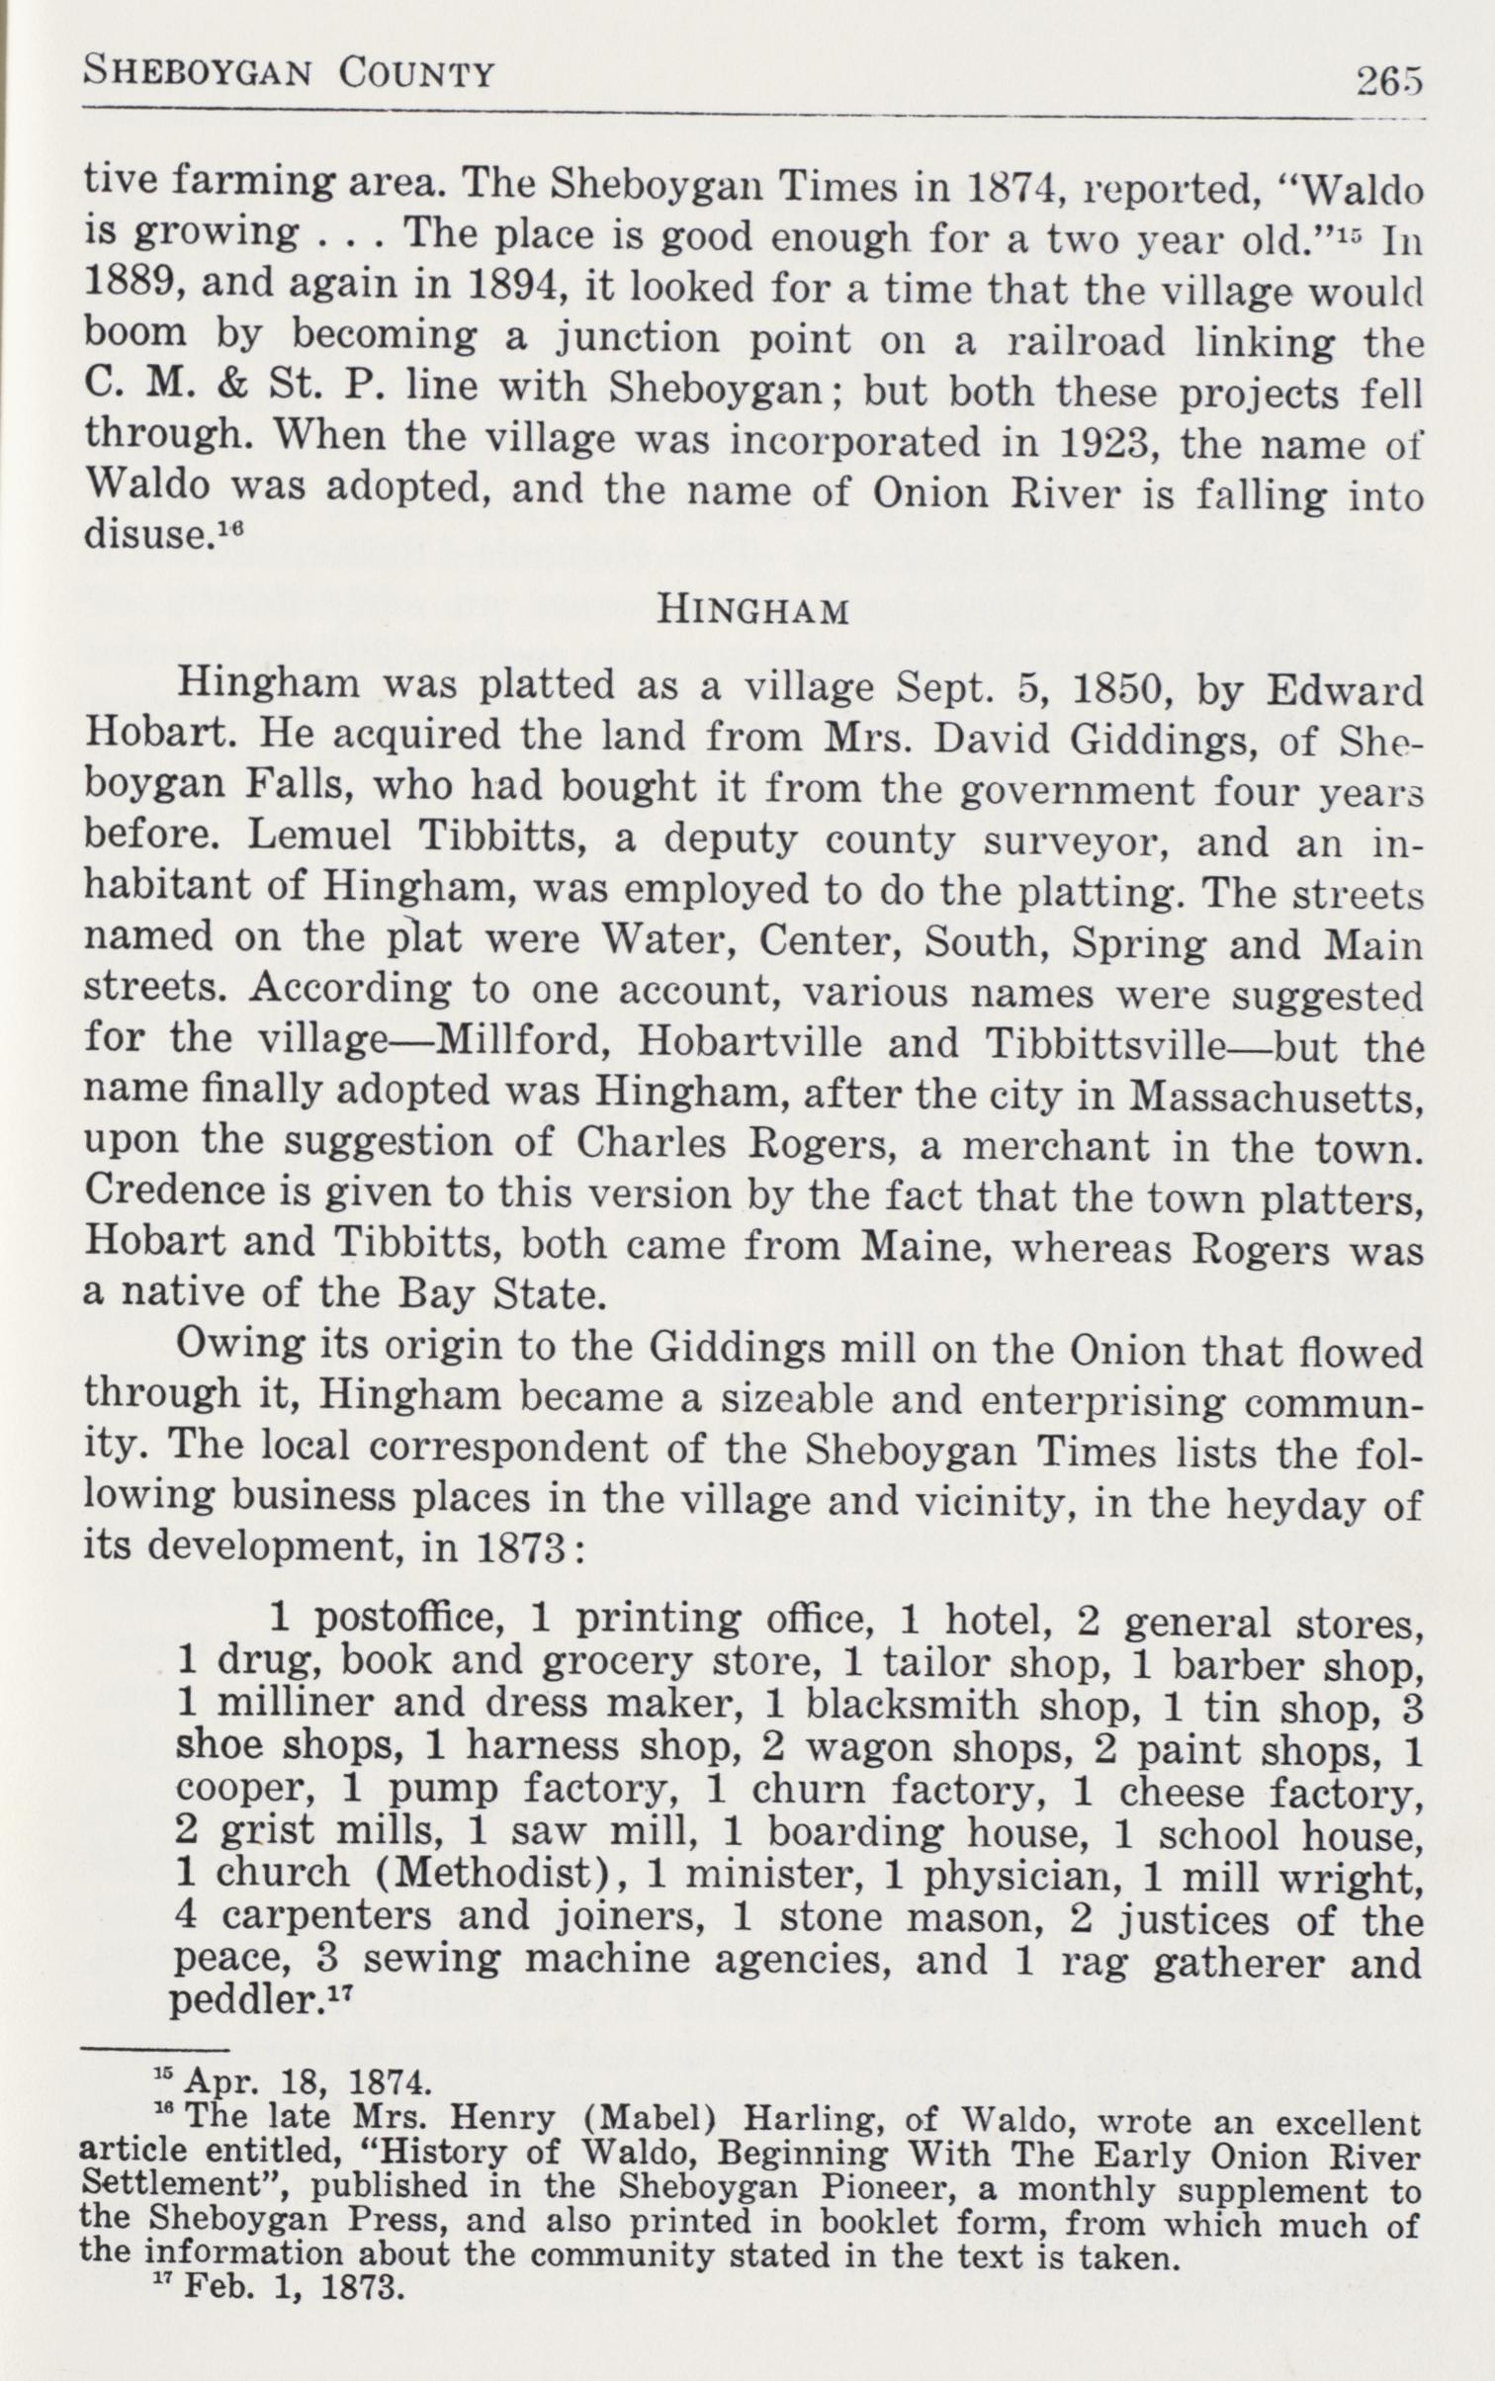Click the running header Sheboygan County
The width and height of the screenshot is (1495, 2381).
(288, 72)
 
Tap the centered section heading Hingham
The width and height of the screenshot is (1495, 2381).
(753, 611)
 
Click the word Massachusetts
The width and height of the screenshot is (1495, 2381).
(1275, 1095)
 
